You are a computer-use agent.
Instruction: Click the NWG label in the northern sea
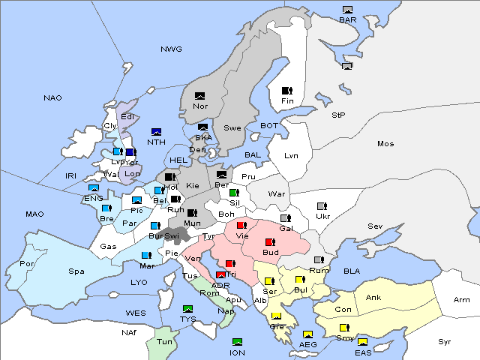pos(171,49)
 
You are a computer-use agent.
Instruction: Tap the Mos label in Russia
pos(385,143)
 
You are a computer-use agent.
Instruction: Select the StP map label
pos(338,115)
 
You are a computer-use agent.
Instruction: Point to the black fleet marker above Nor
pos(199,96)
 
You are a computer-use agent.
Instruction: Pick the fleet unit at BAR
pos(347,10)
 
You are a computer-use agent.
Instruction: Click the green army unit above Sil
pos(234,193)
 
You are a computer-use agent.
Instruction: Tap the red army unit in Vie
pos(241,225)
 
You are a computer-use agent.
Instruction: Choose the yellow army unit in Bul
pos(300,280)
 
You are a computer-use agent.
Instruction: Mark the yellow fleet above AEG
pos(307,334)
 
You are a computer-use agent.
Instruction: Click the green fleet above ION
pos(238,342)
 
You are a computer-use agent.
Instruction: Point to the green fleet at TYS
pos(188,308)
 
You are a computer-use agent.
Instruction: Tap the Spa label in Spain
pos(76,271)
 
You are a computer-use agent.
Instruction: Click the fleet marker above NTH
pos(156,132)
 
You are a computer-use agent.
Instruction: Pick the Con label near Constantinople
pos(343,310)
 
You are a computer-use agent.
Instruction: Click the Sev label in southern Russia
pos(375,226)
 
